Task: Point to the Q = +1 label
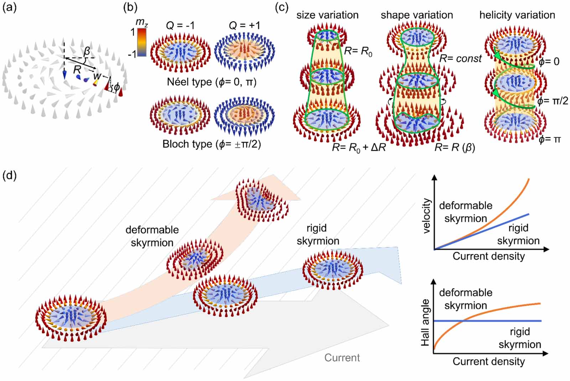pos(244,26)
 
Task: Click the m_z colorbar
pos(141,42)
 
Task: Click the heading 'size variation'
pos(327,15)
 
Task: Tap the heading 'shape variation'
pos(417,15)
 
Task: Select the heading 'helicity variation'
pos(517,15)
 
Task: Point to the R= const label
pos(460,59)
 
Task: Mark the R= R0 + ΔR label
pos(359,147)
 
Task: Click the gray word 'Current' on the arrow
pos(342,357)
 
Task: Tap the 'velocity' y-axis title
pos(426,216)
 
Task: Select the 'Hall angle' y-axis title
pos(425,322)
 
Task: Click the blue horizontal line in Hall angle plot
pos(499,321)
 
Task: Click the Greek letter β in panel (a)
pos(87,52)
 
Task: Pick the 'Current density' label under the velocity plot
pos(489,256)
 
